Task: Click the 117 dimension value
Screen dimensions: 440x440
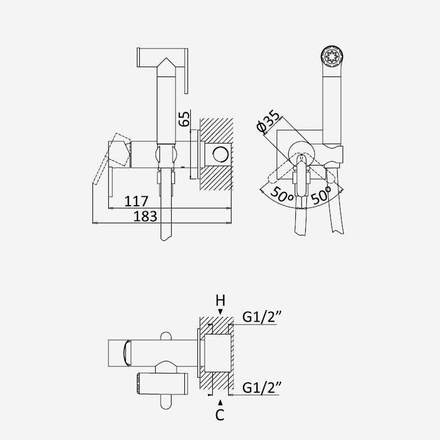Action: pos(136,201)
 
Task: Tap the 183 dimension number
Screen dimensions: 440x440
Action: pos(145,216)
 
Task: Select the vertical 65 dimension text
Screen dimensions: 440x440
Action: pos(184,119)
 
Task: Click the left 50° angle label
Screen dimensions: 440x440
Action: pos(282,194)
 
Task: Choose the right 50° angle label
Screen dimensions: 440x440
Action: pos(321,194)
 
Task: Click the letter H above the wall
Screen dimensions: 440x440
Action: pos(221,301)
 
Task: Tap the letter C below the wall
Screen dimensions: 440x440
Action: pos(220,415)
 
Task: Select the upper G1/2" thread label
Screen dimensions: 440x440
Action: pos(262,317)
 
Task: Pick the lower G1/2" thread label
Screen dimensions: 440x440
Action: pos(262,388)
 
